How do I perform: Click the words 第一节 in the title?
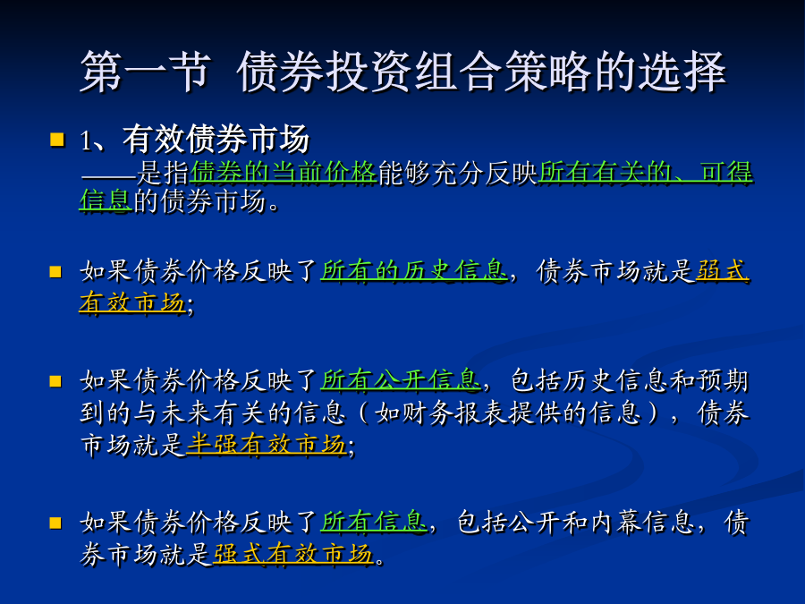146,72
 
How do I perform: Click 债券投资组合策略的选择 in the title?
481,72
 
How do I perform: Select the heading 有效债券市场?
216,139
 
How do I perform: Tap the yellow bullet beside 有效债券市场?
57,140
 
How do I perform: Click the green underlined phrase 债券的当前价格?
284,173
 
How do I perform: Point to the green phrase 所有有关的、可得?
645,173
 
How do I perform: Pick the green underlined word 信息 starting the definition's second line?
106,200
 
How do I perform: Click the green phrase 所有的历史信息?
414,270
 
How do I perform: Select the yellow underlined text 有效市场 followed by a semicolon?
132,302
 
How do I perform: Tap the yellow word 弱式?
723,270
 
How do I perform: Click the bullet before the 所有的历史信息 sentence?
55,271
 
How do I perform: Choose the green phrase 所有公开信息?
401,380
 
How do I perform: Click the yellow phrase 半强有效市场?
266,444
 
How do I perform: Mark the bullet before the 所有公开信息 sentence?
55,381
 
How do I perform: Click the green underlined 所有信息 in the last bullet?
374,522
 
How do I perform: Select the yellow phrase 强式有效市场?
293,554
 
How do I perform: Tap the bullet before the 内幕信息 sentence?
55,523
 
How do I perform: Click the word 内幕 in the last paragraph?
615,522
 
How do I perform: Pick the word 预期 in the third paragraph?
723,380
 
